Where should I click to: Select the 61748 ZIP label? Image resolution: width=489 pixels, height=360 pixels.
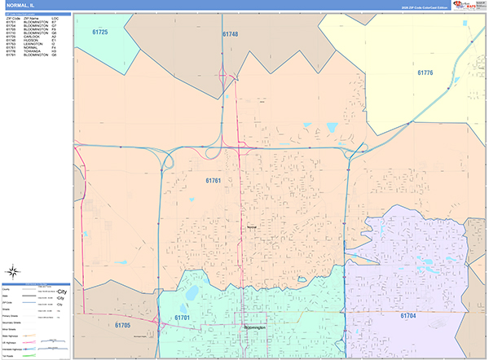[x=230, y=34]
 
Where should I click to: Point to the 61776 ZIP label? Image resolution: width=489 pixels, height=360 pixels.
[x=425, y=73]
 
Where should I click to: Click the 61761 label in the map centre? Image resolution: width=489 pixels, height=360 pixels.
[x=214, y=180]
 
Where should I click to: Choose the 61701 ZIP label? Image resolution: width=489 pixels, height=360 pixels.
[x=182, y=317]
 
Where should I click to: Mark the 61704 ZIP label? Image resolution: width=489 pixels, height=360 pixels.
[x=408, y=314]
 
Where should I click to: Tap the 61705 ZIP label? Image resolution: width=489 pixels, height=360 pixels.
[x=122, y=325]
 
